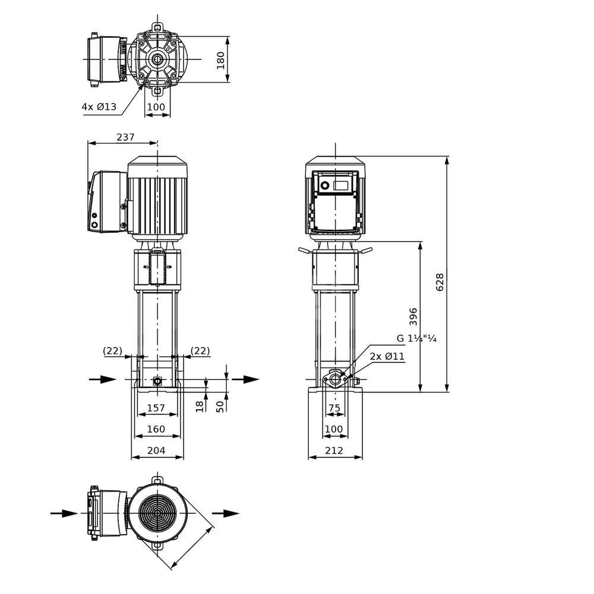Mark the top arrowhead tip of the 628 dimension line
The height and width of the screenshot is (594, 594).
447,156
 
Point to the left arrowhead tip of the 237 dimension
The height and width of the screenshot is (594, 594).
88,143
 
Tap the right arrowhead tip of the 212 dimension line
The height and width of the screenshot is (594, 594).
362,457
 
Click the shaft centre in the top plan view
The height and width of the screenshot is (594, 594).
157,59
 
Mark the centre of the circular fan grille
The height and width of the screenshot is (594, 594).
157,513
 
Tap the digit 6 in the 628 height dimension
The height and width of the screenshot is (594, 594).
440,287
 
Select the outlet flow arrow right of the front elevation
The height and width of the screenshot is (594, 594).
245,379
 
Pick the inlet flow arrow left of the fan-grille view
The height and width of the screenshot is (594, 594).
64,513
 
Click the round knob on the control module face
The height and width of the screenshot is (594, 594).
325,185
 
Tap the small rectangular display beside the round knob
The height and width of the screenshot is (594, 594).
340,185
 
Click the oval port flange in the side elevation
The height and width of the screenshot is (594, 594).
335,379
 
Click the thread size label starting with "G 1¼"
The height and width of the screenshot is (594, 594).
416,339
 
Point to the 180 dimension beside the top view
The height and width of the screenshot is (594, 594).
220,60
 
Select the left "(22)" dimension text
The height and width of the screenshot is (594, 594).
112,351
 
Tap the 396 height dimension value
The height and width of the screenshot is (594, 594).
413,317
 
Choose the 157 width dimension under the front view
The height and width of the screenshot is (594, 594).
156,407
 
